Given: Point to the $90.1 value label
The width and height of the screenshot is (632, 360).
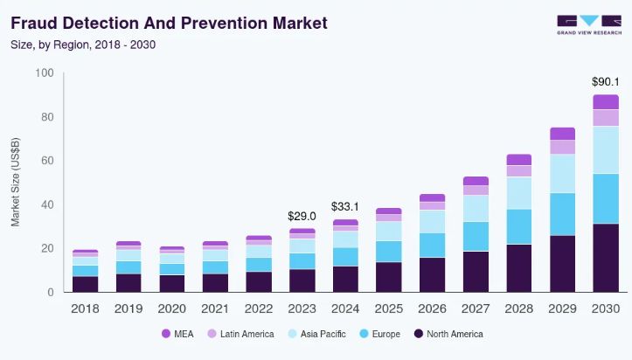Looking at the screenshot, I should (x=605, y=83).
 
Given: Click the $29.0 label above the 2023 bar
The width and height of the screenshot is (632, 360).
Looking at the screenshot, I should (x=302, y=215).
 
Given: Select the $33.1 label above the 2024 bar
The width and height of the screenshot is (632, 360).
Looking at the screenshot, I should (x=345, y=207).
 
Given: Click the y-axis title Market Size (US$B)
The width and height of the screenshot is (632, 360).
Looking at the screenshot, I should (x=16, y=182).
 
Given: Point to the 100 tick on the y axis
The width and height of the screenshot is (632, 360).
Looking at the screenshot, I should (x=44, y=73).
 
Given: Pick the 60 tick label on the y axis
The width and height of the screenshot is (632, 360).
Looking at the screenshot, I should (x=46, y=161).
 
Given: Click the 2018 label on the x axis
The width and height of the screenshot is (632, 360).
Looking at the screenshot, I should (x=85, y=308).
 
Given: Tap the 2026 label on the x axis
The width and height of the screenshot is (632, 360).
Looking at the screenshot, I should (x=432, y=308).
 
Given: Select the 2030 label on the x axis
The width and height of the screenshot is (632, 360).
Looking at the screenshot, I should (x=605, y=308).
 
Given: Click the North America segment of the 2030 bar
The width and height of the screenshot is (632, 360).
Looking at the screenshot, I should (x=605, y=258).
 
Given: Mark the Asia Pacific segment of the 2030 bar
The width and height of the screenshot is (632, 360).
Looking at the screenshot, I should (x=605, y=149).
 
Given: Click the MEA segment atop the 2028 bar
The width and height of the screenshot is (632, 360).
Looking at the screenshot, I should (x=518, y=159).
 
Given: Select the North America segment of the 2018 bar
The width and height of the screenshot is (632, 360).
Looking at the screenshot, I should (x=85, y=284).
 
